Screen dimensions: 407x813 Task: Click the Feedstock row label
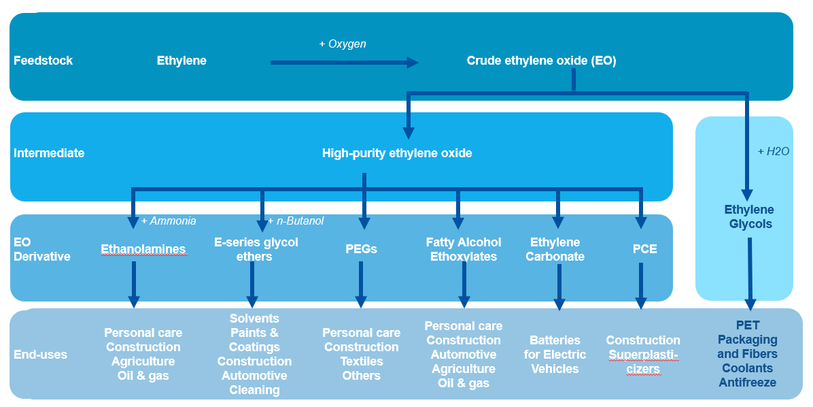click(43, 61)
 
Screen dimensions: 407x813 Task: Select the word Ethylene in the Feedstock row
click(181, 61)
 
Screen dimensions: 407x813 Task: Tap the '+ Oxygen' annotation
click(343, 44)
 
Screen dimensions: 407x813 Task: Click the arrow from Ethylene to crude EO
click(344, 63)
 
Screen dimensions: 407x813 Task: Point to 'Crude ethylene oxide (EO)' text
click(541, 61)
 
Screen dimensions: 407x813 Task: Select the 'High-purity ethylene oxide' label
click(397, 153)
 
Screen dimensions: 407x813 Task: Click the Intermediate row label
click(49, 153)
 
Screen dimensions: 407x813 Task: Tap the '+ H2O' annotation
click(773, 152)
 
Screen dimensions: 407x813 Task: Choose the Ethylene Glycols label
click(749, 216)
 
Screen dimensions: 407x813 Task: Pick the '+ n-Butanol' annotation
click(296, 221)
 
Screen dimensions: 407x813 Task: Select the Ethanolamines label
click(143, 249)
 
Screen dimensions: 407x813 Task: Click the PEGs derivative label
click(361, 249)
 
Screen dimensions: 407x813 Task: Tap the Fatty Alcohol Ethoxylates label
click(464, 249)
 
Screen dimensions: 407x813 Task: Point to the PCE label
click(644, 249)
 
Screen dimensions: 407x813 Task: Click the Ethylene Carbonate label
click(555, 249)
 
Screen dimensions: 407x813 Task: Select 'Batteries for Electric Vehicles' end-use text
click(555, 354)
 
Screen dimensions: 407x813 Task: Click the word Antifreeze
click(747, 382)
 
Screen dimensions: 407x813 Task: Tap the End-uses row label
click(40, 355)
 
